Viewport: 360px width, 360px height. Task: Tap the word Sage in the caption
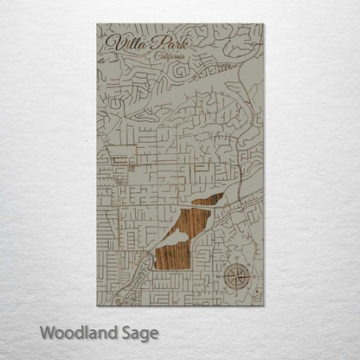pos(134,332)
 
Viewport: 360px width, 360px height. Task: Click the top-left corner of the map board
pos(97,24)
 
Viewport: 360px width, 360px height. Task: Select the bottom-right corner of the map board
pos(264,306)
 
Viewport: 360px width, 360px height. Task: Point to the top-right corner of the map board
pos(264,24)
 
